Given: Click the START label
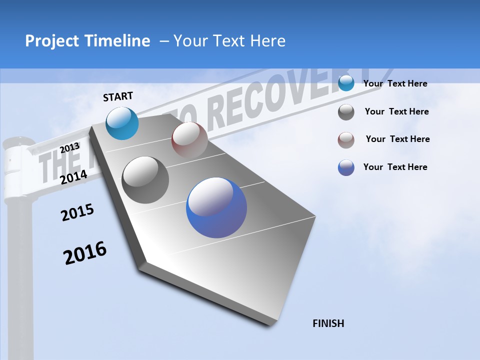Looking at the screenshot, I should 118,96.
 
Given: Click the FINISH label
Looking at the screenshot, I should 328,323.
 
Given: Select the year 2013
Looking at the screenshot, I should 70,148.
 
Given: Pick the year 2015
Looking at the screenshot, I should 77,212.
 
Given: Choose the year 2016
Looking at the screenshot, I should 85,252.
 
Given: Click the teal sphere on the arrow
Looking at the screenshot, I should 122,123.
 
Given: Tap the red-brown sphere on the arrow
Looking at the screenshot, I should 189,139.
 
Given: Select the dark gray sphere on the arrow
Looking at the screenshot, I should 145,179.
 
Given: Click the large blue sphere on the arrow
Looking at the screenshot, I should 216,207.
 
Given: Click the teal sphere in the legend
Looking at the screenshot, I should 346,83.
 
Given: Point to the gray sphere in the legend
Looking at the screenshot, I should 346,112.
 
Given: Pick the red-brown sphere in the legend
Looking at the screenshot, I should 346,140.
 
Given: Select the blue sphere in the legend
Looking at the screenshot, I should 346,167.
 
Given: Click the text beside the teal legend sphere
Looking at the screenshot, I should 395,83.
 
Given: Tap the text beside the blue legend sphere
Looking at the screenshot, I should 395,167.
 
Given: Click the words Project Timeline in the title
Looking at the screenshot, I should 87,41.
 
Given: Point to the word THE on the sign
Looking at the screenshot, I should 55,162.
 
